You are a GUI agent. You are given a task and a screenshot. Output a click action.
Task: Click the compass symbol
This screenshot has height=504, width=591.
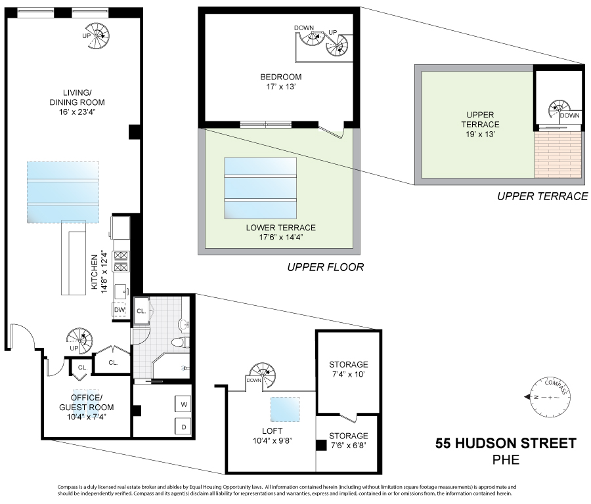coord(548,396)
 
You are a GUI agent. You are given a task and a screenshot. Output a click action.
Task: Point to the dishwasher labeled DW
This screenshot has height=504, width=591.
coord(120,309)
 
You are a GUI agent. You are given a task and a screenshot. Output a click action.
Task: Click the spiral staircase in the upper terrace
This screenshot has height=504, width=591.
coord(559,112)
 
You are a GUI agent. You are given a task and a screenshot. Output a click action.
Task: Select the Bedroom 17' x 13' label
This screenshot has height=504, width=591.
coord(280,81)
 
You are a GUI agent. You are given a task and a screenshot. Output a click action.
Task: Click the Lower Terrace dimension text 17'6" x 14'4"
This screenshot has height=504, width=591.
coord(280,238)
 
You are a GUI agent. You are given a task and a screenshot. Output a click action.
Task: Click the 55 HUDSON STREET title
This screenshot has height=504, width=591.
coord(506,444)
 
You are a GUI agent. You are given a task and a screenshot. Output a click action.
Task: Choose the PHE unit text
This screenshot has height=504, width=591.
coord(506,460)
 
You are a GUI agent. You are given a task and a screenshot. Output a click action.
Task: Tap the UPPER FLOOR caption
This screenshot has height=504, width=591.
coord(325,268)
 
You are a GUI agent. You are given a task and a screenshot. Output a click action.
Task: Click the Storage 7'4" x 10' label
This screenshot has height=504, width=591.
coord(349,369)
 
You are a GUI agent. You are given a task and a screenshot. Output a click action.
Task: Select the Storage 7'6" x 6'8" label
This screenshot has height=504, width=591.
coord(349,441)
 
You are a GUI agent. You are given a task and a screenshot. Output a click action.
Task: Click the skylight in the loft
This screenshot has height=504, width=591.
coord(286,409)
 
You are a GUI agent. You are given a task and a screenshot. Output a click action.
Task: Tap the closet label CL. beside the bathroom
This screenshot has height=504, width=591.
coord(141,311)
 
